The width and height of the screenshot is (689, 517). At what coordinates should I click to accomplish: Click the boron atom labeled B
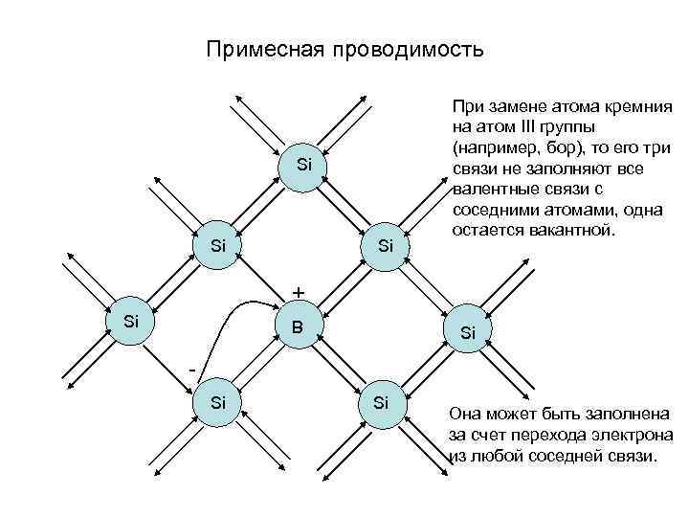coord(299,326)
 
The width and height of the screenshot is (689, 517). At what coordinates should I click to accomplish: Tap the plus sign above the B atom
coord(299,291)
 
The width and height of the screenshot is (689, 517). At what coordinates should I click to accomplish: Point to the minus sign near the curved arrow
coord(192,369)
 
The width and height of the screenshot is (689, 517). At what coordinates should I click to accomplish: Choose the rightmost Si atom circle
coord(467,333)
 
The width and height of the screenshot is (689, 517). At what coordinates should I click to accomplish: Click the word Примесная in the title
coord(264,49)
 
